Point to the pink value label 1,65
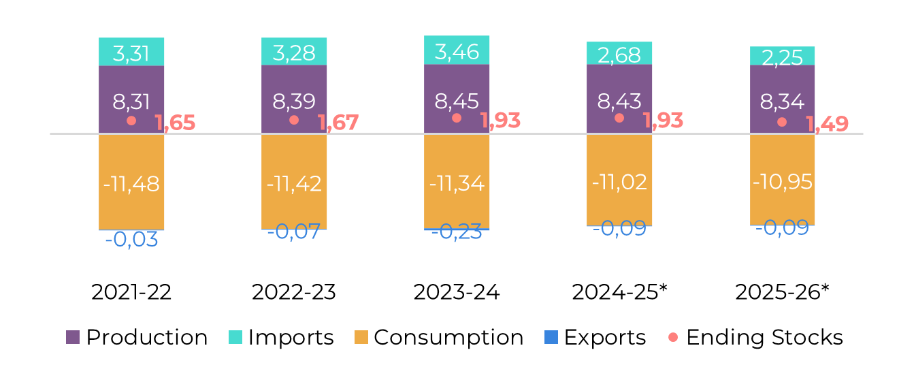176,123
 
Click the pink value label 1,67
338,123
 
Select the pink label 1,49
828,125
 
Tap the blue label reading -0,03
131,240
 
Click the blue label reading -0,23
457,232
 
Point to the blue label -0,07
294,232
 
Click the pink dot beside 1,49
782,122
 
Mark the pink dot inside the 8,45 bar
457,118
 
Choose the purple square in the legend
73,337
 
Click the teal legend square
235,337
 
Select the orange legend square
361,337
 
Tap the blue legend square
551,337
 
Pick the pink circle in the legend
673,337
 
